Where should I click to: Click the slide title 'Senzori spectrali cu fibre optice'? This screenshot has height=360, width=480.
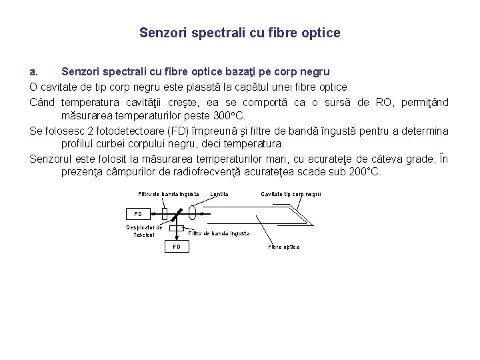[x=240, y=33]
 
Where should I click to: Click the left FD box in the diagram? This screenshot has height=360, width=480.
[x=138, y=214]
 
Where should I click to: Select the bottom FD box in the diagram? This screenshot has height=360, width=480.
[x=177, y=247]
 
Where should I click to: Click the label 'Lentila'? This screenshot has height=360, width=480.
[x=219, y=194]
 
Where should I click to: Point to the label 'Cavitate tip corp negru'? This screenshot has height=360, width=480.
[x=291, y=194]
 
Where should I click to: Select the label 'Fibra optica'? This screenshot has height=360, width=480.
[x=284, y=247]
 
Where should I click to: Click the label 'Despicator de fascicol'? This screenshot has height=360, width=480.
[x=145, y=231]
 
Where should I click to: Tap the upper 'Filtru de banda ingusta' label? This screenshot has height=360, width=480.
[x=169, y=194]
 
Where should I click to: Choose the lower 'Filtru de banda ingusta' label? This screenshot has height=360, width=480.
[x=219, y=233]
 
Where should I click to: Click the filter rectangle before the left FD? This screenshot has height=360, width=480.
[x=164, y=214]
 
